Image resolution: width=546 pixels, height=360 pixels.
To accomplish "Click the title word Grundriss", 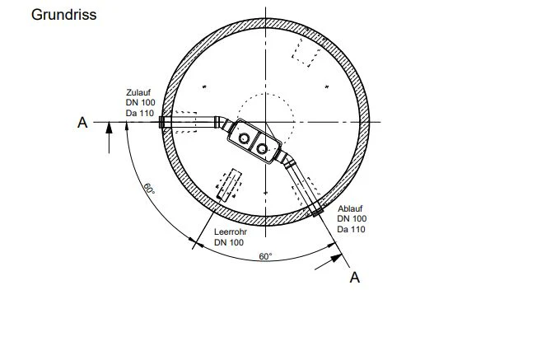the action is coord(63,15).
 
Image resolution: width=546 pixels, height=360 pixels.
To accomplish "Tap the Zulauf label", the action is coord(138,92).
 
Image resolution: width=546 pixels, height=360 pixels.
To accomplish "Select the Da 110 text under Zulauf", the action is coord(140,113).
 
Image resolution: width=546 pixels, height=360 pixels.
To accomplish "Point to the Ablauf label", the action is coord(350,208).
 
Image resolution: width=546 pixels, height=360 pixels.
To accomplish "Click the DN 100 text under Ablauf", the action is coord(352,218).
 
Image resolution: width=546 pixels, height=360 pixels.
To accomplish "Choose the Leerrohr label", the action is coord(230,231).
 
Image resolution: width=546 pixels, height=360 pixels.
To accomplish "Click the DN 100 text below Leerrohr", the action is coord(229,242).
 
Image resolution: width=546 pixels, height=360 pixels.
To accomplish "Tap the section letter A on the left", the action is coord(82,123).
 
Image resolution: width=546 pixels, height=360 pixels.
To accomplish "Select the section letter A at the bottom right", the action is coord(354,278).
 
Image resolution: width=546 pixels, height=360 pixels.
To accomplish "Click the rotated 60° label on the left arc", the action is coord(149,189).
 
